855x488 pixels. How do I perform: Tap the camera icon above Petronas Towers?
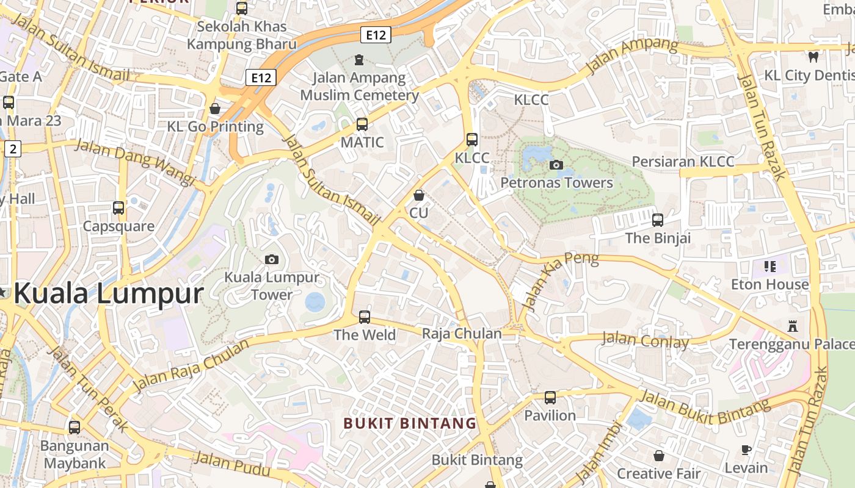pyautogui.click(x=556, y=165)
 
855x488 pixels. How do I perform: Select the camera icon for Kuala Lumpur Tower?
pyautogui.click(x=272, y=259)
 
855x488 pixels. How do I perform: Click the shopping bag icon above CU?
pyautogui.click(x=419, y=195)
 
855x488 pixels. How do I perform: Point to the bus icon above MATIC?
pyautogui.click(x=362, y=124)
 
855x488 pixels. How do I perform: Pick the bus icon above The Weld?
pyautogui.click(x=365, y=317)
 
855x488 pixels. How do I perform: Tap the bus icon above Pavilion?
pyautogui.click(x=550, y=398)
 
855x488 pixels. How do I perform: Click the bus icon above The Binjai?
pyautogui.click(x=658, y=220)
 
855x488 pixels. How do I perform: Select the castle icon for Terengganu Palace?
pyautogui.click(x=793, y=326)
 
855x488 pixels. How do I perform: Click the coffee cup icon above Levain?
pyautogui.click(x=746, y=450)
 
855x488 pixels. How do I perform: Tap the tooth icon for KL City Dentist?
pyautogui.click(x=813, y=57)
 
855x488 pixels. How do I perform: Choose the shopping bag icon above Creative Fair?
pyautogui.click(x=658, y=456)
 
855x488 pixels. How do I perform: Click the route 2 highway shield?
pyautogui.click(x=13, y=148)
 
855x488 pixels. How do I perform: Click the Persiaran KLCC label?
pyautogui.click(x=683, y=162)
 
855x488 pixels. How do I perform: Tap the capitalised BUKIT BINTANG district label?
pyautogui.click(x=410, y=423)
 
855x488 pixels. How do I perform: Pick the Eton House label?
pyautogui.click(x=770, y=284)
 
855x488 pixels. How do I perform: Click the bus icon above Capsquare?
pyautogui.click(x=118, y=208)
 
